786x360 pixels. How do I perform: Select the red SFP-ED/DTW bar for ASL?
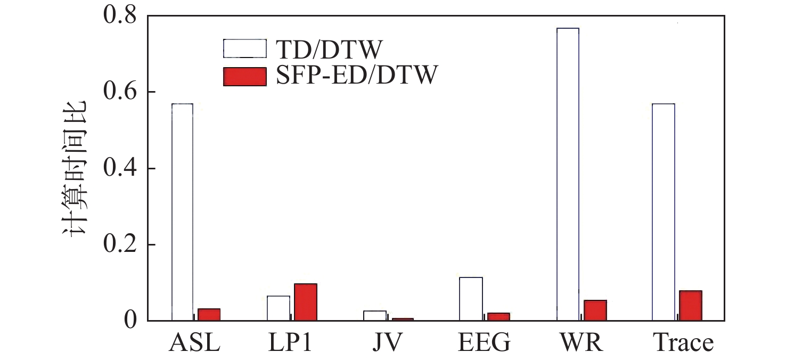click(209, 315)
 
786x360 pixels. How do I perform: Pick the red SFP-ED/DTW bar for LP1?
click(306, 302)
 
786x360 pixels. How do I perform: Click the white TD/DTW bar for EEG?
click(471, 299)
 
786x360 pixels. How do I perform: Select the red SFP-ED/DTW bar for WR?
click(595, 310)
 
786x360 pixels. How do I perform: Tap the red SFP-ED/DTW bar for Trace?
click(691, 306)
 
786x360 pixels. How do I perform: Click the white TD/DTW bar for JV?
click(375, 315)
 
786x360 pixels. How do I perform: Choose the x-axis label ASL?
click(194, 343)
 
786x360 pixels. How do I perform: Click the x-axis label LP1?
click(290, 343)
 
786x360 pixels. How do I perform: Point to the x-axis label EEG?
click(484, 343)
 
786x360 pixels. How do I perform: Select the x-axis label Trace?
click(684, 343)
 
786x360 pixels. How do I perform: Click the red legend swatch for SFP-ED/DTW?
click(244, 77)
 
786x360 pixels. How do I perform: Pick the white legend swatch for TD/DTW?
click(244, 48)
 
